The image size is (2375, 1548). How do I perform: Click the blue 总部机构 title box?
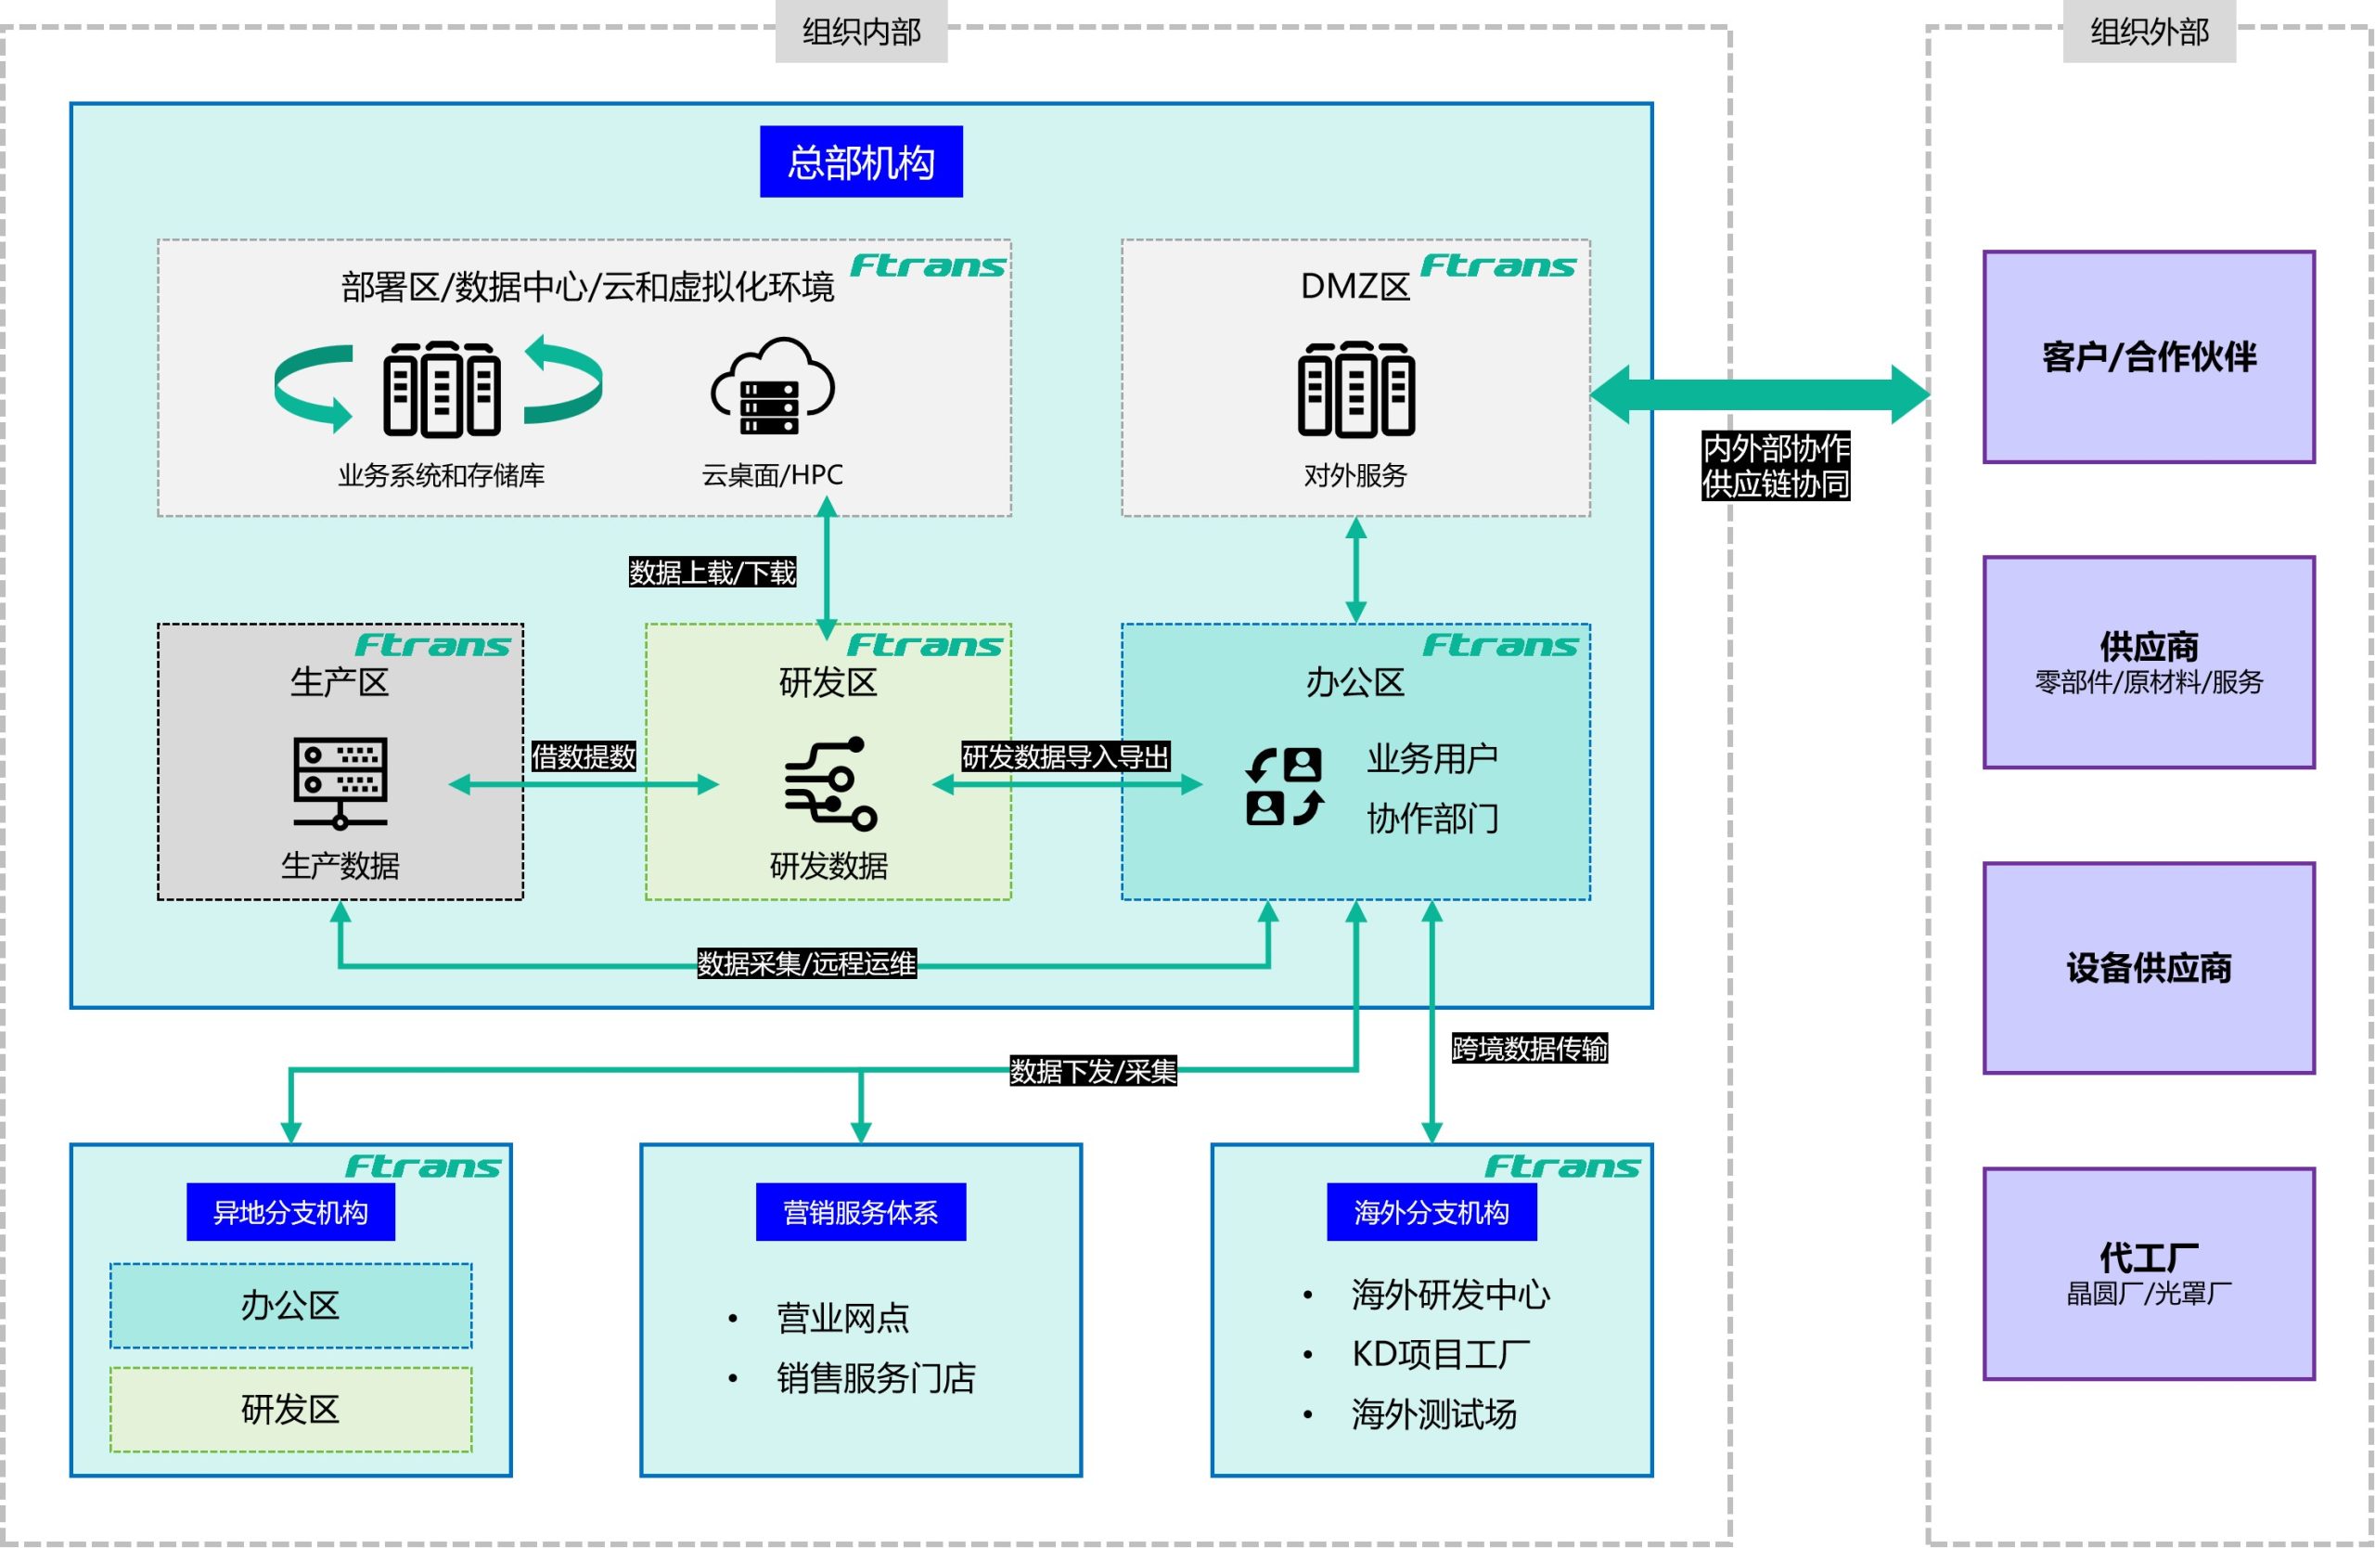(860, 161)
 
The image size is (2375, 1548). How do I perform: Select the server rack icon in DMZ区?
(1355, 389)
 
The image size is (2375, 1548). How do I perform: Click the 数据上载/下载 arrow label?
(712, 572)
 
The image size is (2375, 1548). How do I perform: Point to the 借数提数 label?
(583, 756)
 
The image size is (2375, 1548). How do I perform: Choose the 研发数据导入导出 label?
(1065, 756)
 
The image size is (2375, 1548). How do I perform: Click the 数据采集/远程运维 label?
(805, 963)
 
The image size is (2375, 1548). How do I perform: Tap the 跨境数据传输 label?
(1529, 1048)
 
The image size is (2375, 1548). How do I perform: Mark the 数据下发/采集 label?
(1093, 1071)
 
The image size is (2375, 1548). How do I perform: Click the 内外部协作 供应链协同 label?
(1776, 465)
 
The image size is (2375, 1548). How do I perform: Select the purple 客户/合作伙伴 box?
(2149, 356)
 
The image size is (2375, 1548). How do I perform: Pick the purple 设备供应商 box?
(2149, 967)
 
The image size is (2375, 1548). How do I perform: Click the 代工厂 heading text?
(2149, 1256)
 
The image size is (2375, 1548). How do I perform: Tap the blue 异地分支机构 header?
(290, 1212)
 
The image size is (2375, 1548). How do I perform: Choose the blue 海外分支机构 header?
(1431, 1212)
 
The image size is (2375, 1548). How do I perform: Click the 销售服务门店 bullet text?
(875, 1377)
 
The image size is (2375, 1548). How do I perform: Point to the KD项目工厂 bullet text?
(1440, 1353)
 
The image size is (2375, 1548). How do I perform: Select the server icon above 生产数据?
(340, 782)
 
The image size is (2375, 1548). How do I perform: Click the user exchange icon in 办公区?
(1284, 785)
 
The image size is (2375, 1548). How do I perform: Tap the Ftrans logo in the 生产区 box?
(432, 646)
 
